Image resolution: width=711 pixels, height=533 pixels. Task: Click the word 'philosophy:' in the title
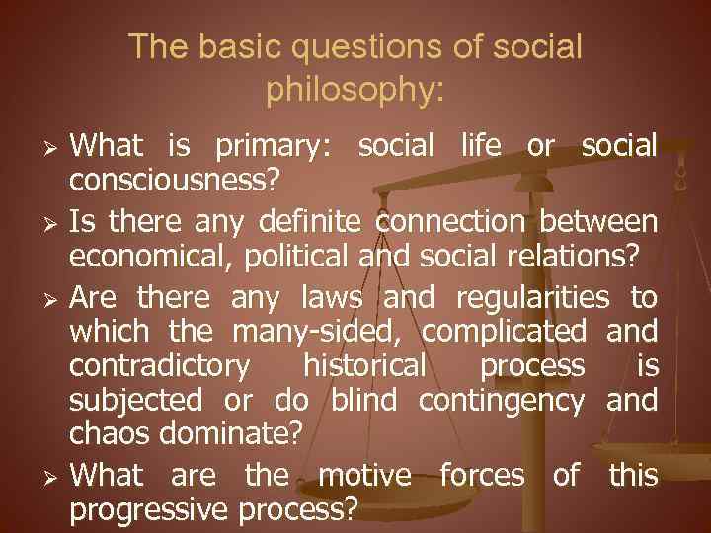click(x=355, y=90)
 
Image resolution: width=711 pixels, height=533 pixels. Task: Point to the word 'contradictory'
click(x=159, y=365)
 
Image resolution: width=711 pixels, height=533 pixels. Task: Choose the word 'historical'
click(x=364, y=365)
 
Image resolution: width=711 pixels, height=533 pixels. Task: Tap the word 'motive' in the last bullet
click(x=364, y=475)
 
